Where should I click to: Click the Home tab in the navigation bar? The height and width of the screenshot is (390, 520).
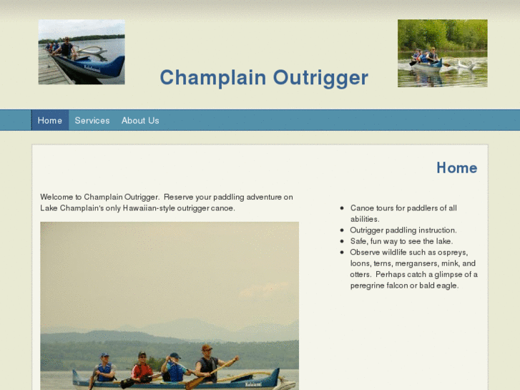click(50, 120)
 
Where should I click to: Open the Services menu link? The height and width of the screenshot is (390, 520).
click(92, 120)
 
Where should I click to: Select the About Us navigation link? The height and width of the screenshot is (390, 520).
click(140, 120)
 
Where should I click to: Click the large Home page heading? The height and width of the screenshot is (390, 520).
click(456, 168)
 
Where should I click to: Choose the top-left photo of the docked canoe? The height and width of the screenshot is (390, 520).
click(82, 52)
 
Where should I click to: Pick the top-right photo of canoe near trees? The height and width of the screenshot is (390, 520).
click(442, 54)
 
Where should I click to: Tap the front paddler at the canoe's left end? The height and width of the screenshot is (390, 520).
click(104, 368)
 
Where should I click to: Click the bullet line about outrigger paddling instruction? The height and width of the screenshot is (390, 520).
click(403, 230)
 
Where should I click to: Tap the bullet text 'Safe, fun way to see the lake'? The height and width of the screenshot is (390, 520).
click(401, 241)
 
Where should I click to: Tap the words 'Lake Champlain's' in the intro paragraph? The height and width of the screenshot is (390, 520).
click(68, 208)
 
